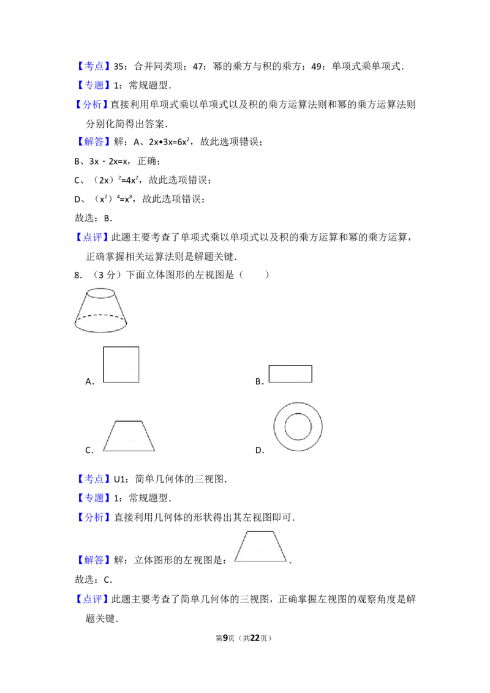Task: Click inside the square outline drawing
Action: click(120, 365)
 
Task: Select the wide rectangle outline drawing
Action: click(291, 374)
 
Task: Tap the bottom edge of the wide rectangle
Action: click(291, 383)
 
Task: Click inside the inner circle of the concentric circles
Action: click(298, 426)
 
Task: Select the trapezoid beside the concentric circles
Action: click(129, 436)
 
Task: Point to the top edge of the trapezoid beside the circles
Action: click(129, 421)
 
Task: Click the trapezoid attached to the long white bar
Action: click(260, 546)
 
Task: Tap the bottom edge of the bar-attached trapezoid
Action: click(260, 561)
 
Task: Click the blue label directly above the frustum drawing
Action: click(91, 237)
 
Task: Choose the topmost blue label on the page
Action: click(95, 66)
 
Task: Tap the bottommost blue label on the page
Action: click(91, 599)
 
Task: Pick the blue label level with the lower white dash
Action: click(95, 478)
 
